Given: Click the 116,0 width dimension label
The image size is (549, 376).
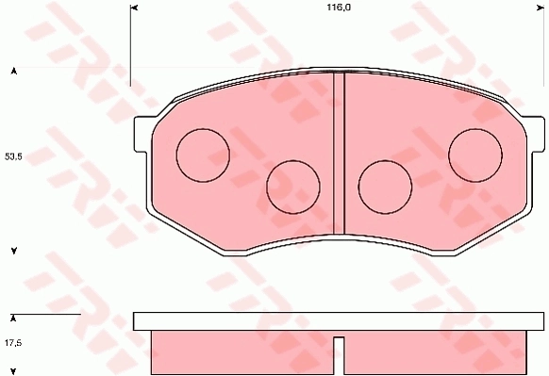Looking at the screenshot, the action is click(x=339, y=8).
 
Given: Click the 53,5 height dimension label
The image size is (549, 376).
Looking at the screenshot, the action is click(x=13, y=156).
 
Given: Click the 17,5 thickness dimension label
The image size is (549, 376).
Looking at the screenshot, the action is click(x=13, y=343).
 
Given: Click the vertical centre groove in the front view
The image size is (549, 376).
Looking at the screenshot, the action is click(x=339, y=153).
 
